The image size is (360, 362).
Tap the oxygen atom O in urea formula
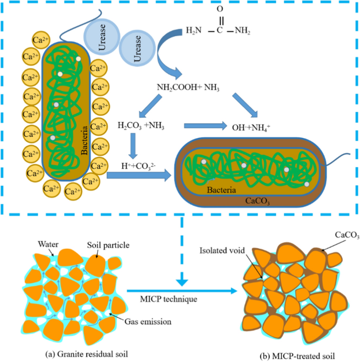[220, 9]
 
